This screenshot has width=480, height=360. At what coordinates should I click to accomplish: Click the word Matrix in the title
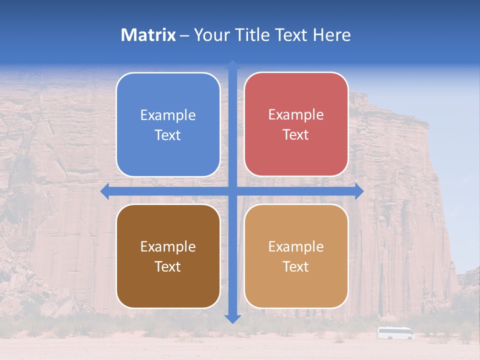pyautogui.click(x=148, y=35)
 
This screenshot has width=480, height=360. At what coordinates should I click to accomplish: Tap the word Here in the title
pyautogui.click(x=331, y=35)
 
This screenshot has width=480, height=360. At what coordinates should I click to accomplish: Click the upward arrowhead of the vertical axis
pyautogui.click(x=232, y=64)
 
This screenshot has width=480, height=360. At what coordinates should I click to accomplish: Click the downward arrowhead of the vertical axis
pyautogui.click(x=232, y=318)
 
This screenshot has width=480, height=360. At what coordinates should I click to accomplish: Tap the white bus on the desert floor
pyautogui.click(x=395, y=333)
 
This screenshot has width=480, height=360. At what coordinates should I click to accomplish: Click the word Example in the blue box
pyautogui.click(x=168, y=115)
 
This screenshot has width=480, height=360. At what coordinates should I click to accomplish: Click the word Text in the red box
pyautogui.click(x=296, y=135)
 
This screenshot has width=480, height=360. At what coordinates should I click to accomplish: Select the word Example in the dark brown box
pyautogui.click(x=168, y=247)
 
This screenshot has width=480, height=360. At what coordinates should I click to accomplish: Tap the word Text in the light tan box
pyautogui.click(x=296, y=267)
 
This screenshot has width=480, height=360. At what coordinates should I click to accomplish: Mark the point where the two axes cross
pyautogui.click(x=232, y=191)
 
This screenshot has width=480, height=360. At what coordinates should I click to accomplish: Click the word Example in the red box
pyautogui.click(x=296, y=115)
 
